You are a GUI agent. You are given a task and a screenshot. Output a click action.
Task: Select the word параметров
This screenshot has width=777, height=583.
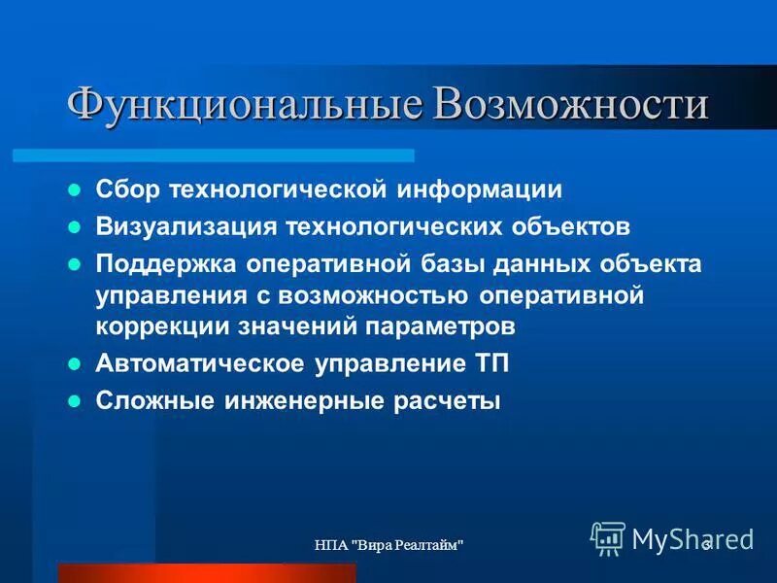[449, 326]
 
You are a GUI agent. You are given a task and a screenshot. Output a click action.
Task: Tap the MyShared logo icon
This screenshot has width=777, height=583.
[608, 538]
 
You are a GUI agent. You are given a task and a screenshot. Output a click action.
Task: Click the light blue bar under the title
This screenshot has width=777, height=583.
[214, 155]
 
